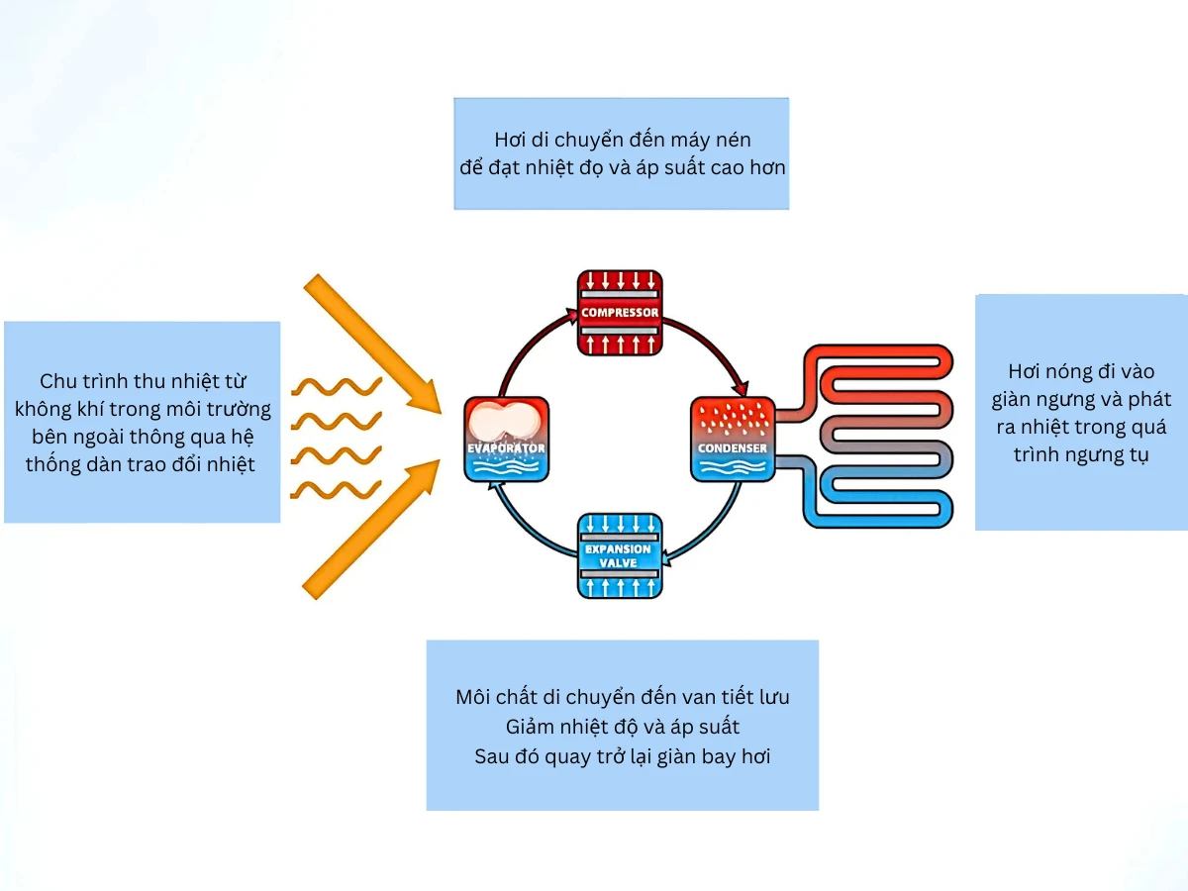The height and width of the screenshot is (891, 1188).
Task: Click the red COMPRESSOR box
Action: pos(620,313)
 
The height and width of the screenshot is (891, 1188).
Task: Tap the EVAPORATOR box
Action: pos(506,440)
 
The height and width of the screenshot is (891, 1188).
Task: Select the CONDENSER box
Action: pos(733,440)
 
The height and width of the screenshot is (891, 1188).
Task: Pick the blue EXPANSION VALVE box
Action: pos(620,554)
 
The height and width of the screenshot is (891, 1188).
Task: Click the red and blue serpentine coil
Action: pos(876,436)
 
